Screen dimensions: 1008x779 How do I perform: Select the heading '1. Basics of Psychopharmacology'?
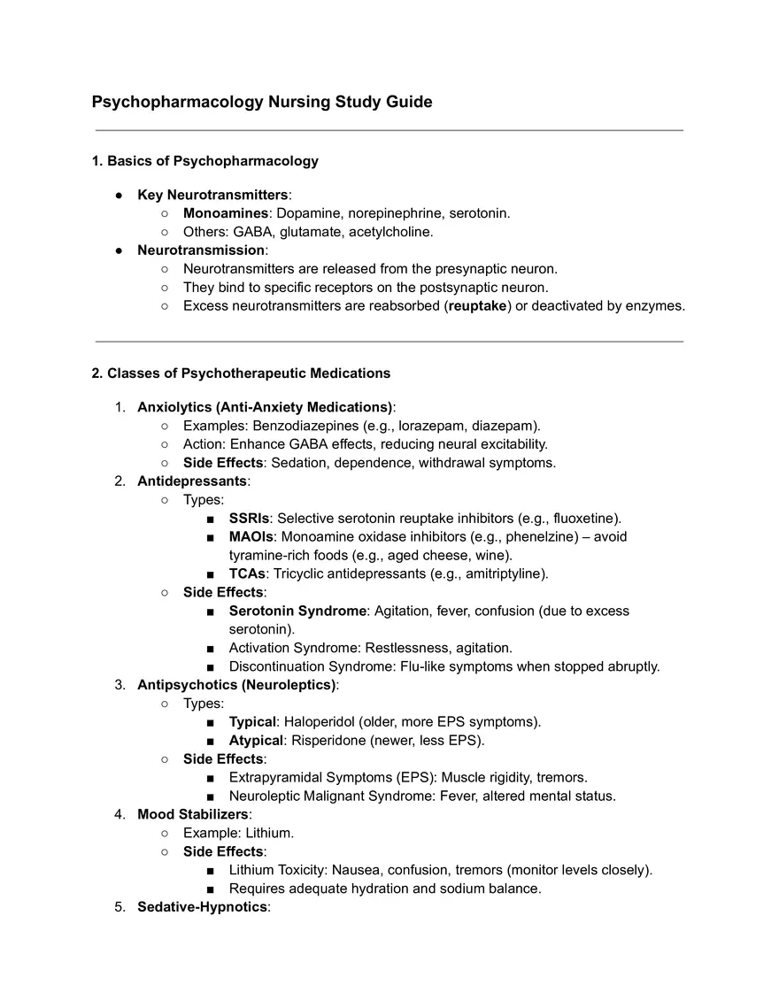tap(204, 161)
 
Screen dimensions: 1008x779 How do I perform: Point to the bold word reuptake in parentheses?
tap(477, 306)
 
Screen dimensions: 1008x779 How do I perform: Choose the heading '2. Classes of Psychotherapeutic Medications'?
tap(241, 373)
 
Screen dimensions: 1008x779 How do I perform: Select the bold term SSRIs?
tap(249, 519)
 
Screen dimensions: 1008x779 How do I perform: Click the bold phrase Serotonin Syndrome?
tap(297, 611)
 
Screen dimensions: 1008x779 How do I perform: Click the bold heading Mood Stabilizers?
tap(193, 814)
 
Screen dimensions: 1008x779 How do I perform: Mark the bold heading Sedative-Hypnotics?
tap(202, 907)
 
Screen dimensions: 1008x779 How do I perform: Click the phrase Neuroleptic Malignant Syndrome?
tap(343, 796)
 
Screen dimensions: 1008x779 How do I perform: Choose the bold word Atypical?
tap(256, 741)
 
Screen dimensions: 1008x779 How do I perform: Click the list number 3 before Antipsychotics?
tap(120, 685)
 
